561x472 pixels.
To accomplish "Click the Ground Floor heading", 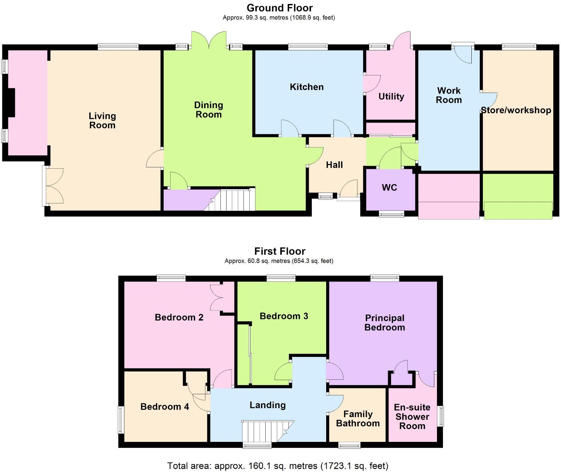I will [x=280, y=8].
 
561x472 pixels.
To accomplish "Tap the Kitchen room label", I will [x=307, y=87].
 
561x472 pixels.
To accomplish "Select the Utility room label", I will [x=391, y=97].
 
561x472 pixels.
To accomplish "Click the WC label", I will [x=389, y=188].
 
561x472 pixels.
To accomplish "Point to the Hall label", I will [x=334, y=165].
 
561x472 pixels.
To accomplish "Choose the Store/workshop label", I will [x=516, y=110].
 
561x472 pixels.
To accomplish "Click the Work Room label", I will [x=449, y=95].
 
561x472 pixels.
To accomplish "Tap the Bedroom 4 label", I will [x=164, y=407].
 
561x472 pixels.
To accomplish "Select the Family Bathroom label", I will [x=358, y=419].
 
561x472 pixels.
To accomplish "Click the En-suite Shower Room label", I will [x=412, y=416].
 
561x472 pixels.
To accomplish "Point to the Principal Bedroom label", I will [x=384, y=323].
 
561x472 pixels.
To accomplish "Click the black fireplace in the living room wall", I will [x=11, y=103].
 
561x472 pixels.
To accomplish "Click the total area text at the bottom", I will [x=278, y=466].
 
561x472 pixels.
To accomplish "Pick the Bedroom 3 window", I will [x=281, y=278].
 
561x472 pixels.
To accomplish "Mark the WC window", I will [x=392, y=214].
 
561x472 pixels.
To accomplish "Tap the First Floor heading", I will [x=280, y=251].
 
